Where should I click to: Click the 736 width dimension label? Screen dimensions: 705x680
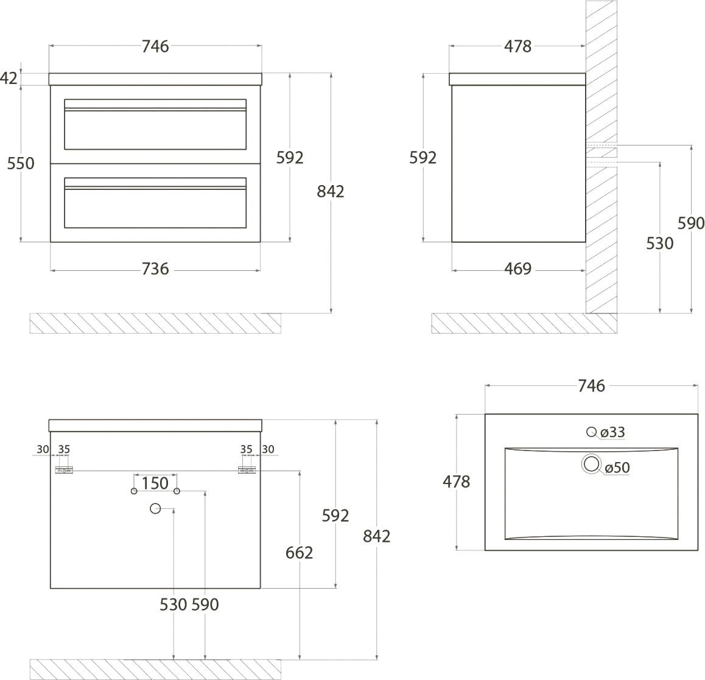(155, 269)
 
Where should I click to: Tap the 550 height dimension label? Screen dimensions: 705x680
(21, 163)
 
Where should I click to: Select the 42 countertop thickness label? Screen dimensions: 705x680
(9, 79)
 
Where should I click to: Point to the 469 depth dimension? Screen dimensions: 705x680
(517, 269)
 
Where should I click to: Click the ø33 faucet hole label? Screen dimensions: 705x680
(612, 432)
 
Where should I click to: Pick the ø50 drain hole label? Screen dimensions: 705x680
(617, 468)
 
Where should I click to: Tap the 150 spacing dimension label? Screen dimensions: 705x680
(155, 483)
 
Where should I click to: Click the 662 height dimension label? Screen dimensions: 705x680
(299, 553)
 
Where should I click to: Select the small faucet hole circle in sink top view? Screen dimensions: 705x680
(591, 432)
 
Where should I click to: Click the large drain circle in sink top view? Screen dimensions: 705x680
(591, 464)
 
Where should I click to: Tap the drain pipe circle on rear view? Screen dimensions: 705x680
(155, 509)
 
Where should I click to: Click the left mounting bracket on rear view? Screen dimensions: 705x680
(64, 471)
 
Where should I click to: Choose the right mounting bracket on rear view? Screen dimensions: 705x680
(247, 471)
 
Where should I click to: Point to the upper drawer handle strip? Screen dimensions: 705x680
(155, 109)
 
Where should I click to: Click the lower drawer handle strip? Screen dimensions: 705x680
(155, 188)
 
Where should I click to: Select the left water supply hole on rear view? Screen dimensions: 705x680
(134, 491)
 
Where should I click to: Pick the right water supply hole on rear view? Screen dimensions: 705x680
(177, 491)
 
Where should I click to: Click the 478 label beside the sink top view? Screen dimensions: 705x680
(457, 482)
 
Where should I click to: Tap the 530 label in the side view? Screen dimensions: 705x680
(659, 244)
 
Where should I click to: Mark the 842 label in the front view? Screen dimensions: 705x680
(331, 192)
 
